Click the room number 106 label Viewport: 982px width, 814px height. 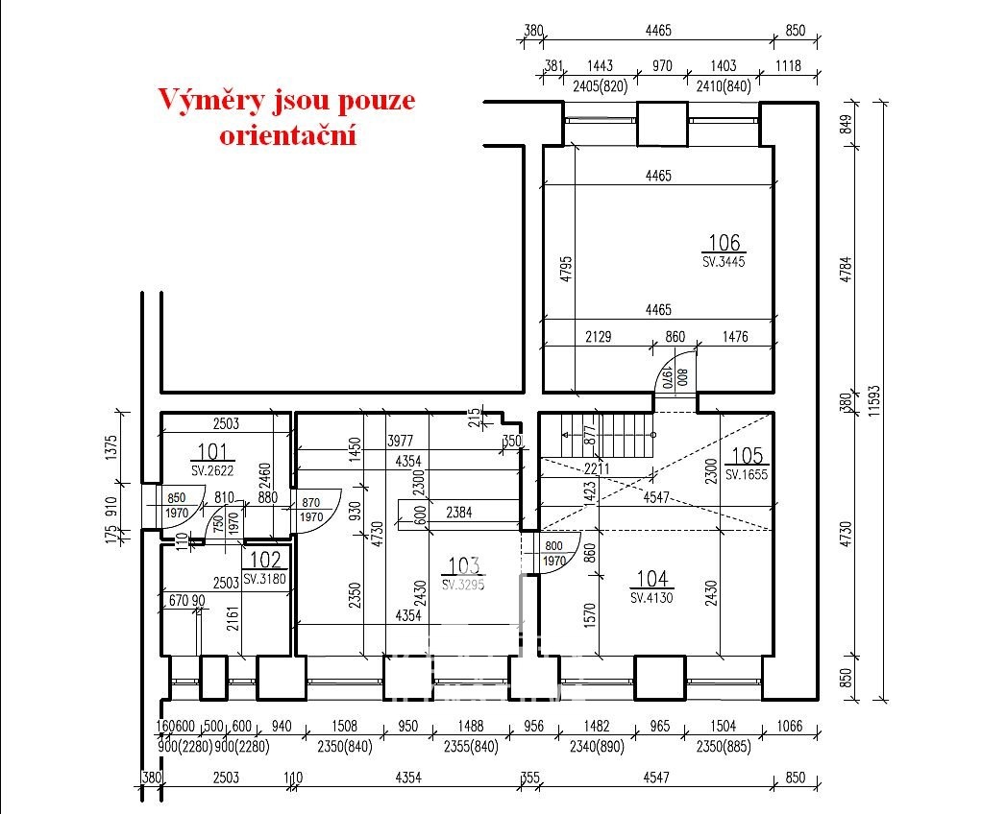point(724,243)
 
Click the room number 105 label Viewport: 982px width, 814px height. point(746,456)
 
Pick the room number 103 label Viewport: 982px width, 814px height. point(459,565)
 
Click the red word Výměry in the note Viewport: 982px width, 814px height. point(201,101)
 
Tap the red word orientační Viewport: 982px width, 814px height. point(287,136)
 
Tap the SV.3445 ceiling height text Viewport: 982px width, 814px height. point(724,261)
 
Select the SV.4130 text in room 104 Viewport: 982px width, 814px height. point(651,596)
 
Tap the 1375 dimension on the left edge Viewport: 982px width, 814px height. point(111,444)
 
